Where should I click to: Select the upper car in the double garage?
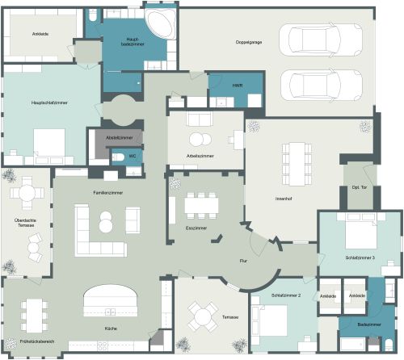click(x=319, y=39)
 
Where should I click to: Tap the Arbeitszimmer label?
click(x=199, y=154)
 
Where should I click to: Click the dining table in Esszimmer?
click(x=200, y=205)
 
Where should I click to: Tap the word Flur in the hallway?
click(x=243, y=262)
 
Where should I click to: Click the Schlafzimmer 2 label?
click(x=288, y=296)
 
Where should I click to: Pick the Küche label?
click(x=110, y=329)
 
